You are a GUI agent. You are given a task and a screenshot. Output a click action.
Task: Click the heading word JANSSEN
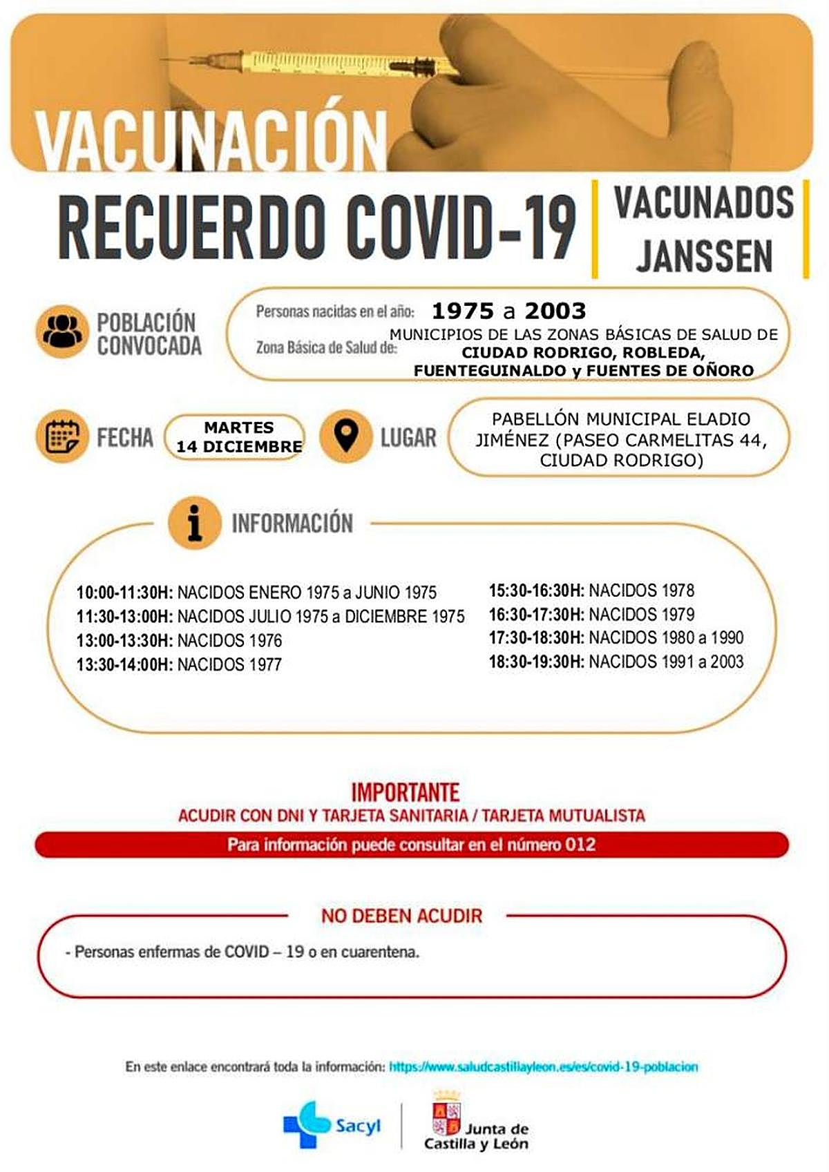click(x=704, y=256)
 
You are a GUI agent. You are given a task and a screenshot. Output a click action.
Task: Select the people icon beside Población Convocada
click(x=62, y=332)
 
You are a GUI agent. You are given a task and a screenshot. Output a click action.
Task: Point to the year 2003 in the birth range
click(x=555, y=311)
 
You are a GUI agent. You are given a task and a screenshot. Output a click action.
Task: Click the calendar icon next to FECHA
click(x=62, y=437)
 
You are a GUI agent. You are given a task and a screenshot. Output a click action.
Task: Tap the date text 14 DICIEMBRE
click(x=239, y=447)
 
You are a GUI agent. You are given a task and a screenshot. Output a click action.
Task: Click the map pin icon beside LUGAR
click(x=346, y=436)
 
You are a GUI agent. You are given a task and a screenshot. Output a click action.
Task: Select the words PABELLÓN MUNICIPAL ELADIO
click(x=620, y=419)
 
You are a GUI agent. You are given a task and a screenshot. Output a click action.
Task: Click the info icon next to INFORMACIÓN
click(x=195, y=523)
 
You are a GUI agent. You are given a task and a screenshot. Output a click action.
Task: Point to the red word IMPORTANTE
click(x=406, y=791)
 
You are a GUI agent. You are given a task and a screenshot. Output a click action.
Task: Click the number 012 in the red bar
click(x=580, y=845)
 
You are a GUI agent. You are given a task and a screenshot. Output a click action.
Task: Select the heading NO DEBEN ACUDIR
click(x=401, y=916)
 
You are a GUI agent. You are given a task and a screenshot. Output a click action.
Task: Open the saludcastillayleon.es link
click(x=543, y=1067)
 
